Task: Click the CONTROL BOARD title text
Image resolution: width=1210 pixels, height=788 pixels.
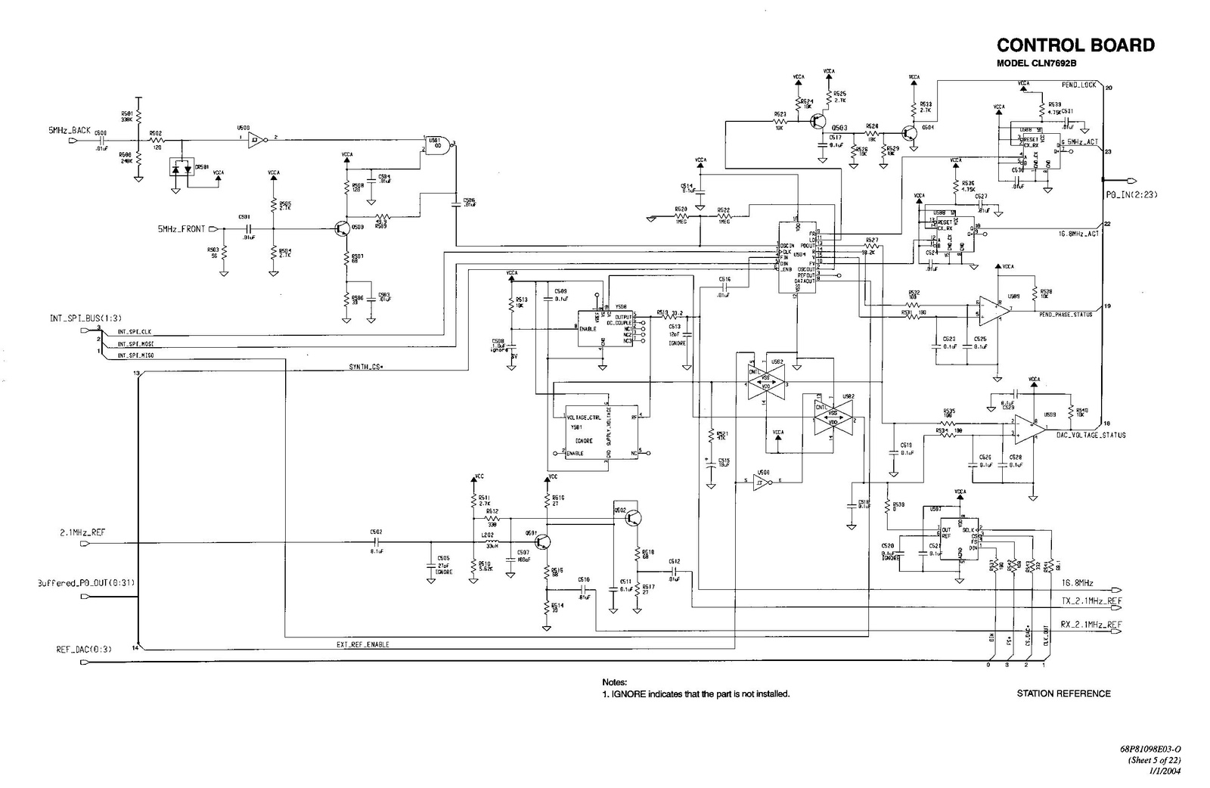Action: click(1075, 45)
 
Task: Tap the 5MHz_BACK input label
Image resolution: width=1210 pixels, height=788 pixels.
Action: click(70, 130)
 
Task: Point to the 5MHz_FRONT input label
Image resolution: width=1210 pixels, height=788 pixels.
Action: click(181, 229)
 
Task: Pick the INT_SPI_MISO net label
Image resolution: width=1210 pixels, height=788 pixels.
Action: click(135, 355)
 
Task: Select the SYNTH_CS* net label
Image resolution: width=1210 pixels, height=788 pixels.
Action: click(367, 367)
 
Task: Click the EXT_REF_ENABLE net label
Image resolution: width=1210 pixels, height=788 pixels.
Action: click(363, 645)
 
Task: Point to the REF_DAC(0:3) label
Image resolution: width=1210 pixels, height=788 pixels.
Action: click(84, 650)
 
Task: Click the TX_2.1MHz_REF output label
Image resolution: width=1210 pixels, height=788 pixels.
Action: click(1091, 601)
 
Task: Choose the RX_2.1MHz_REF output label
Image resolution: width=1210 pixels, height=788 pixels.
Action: click(1091, 625)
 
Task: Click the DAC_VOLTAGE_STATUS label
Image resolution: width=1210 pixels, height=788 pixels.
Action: click(1091, 435)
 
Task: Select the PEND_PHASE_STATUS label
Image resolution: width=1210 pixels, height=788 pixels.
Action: click(1066, 315)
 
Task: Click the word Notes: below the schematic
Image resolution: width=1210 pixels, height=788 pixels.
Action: click(615, 682)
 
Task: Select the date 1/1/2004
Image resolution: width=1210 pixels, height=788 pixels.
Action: click(1165, 771)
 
